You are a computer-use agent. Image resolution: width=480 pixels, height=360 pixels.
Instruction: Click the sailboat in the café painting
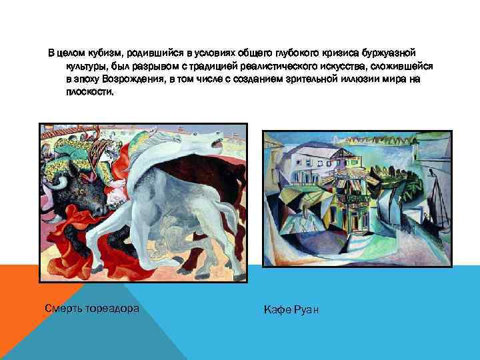[x=437, y=200]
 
